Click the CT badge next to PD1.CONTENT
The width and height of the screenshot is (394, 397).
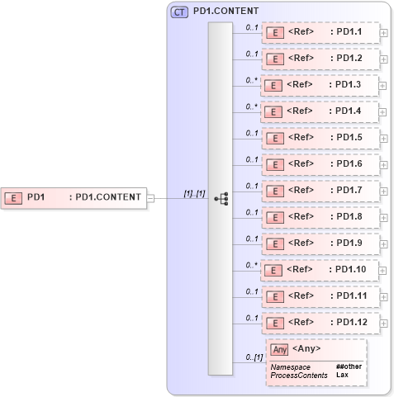pyautogui.click(x=178, y=12)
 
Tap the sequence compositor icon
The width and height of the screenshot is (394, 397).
pyautogui.click(x=221, y=198)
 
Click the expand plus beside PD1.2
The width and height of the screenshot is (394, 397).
pyautogui.click(x=384, y=60)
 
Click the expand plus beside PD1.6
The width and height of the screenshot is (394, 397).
pyautogui.click(x=384, y=165)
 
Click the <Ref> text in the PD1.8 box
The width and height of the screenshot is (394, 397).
pyautogui.click(x=301, y=217)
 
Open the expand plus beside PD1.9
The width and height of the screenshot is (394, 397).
pyautogui.click(x=384, y=244)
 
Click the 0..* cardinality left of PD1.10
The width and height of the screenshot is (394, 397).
pyautogui.click(x=252, y=265)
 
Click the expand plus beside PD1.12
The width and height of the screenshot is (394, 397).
pyautogui.click(x=384, y=323)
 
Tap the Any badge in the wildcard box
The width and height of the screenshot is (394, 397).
pyautogui.click(x=279, y=349)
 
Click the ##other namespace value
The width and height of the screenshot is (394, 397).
pyautogui.click(x=349, y=366)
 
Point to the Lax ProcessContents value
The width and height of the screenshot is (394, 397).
pyautogui.click(x=342, y=375)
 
